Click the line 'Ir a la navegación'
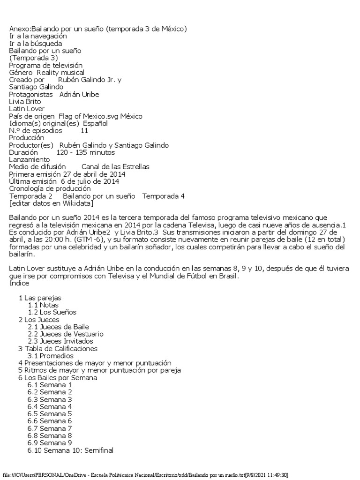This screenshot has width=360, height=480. [38, 36]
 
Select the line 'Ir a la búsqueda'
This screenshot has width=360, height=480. [36, 44]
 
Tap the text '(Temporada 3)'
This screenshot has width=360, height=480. [33, 58]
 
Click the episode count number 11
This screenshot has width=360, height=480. [84, 131]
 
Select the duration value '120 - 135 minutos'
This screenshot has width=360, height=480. [85, 152]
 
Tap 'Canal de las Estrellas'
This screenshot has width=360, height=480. [115, 167]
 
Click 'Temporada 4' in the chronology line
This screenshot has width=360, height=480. [163, 196]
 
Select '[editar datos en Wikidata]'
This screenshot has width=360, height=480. [52, 203]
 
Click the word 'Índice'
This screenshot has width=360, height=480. [19, 284]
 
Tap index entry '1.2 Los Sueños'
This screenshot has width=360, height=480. [52, 312]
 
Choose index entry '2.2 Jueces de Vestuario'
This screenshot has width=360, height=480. [66, 334]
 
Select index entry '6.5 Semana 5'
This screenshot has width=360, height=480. [50, 414]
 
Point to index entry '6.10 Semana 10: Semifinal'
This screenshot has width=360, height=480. [70, 450]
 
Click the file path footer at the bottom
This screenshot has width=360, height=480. [146, 475]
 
